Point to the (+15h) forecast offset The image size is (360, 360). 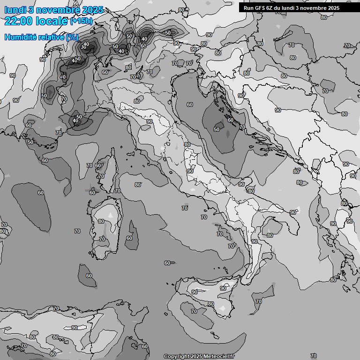[81, 21]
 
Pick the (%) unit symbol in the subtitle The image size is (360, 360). [72, 37]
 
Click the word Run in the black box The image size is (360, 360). [248, 8]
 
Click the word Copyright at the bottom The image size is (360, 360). [177, 357]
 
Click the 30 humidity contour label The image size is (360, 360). [83, 47]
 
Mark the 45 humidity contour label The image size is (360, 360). [75, 61]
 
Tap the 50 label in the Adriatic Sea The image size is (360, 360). [217, 129]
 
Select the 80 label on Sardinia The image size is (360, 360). [101, 221]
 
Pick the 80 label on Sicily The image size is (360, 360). [211, 304]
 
